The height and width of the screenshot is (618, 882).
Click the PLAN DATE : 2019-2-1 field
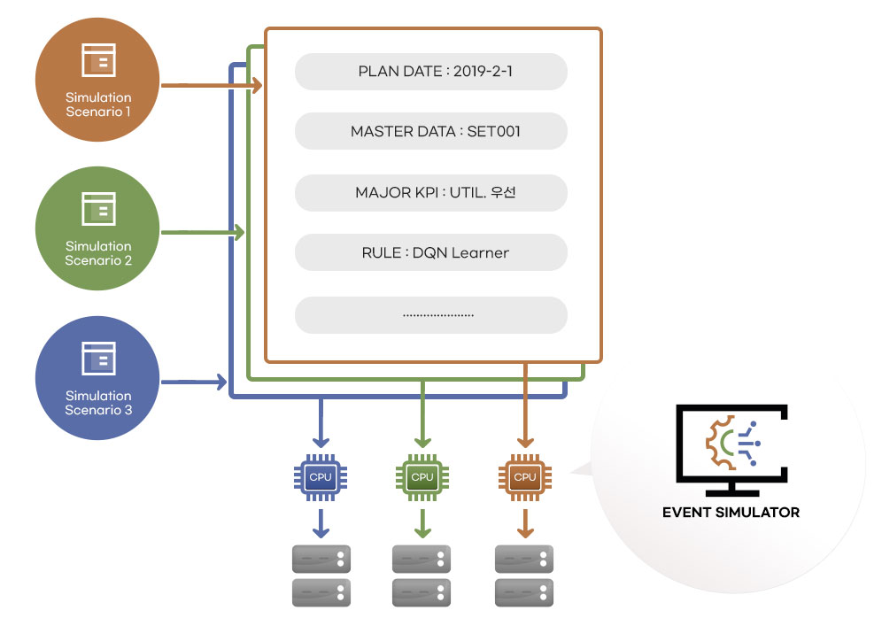(430, 72)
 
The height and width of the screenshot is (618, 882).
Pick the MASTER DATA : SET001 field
(430, 132)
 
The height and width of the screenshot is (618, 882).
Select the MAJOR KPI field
(430, 192)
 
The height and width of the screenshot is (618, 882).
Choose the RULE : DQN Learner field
(430, 252)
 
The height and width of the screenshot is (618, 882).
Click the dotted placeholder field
(430, 314)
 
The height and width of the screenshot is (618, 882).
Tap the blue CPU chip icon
(321, 476)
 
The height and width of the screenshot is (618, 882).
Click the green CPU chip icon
(422, 476)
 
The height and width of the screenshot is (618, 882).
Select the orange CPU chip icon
(525, 476)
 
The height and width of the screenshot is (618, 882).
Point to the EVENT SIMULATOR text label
(731, 512)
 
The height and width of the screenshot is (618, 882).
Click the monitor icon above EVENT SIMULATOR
(731, 447)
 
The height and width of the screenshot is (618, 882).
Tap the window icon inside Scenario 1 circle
(97, 59)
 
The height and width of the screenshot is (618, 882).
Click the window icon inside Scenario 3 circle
(97, 357)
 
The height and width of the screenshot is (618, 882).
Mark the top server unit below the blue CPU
(321, 558)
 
